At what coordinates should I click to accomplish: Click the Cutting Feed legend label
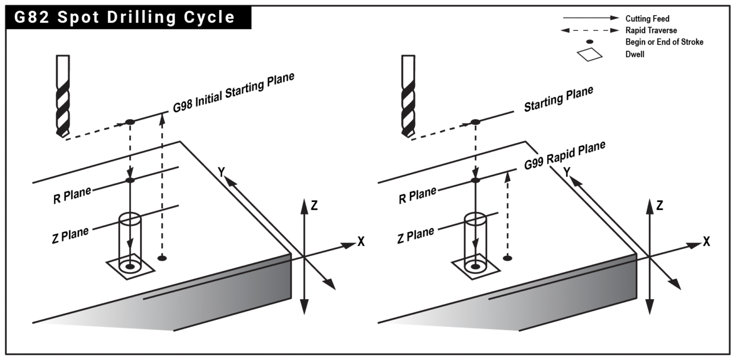[x=647, y=19]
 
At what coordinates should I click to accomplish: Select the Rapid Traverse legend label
[x=651, y=30]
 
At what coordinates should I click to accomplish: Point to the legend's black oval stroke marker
[x=590, y=41]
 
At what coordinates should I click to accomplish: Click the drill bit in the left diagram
[x=61, y=97]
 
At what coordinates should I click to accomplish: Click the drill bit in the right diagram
[x=407, y=97]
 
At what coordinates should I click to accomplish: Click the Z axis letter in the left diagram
[x=314, y=206]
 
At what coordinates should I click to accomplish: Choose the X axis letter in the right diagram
[x=707, y=242]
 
